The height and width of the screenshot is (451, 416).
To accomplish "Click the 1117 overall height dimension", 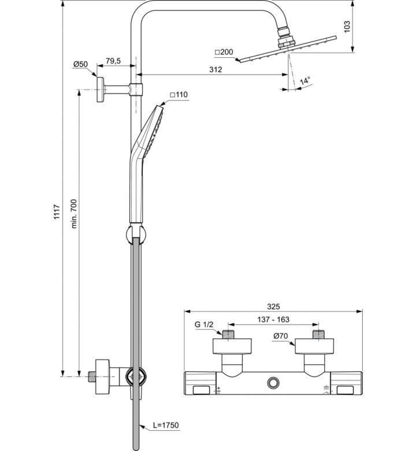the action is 57,212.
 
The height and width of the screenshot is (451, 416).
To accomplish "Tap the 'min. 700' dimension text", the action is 74,214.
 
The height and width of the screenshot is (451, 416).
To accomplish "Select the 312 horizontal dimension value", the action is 216,69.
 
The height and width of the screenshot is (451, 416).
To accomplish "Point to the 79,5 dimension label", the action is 113,61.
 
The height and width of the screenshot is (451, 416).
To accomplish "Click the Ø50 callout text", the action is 80,64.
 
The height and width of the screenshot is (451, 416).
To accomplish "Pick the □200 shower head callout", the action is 224,52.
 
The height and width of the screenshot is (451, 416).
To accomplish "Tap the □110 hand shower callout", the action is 179,95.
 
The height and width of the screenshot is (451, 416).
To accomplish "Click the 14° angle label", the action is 305,81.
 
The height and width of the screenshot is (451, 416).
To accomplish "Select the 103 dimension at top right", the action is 347,27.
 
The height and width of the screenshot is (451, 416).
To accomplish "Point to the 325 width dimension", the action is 273,306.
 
